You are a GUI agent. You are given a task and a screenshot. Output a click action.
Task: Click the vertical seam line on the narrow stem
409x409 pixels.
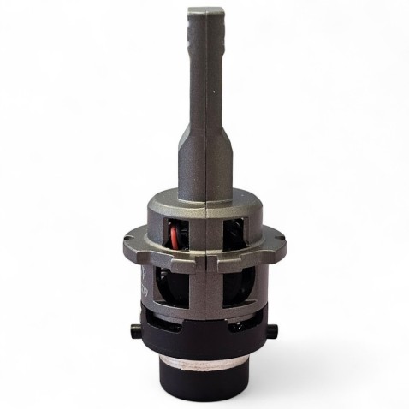pyautogui.click(x=204, y=94)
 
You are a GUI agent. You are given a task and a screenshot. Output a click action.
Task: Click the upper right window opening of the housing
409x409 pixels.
pyautogui.click(x=233, y=234)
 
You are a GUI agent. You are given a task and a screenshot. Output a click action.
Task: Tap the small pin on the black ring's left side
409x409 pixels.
pyautogui.click(x=132, y=330)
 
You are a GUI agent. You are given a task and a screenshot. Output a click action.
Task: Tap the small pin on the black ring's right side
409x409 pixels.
pyautogui.click(x=275, y=328)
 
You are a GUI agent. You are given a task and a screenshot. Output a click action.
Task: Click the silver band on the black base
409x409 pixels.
pyautogui.click(x=203, y=370)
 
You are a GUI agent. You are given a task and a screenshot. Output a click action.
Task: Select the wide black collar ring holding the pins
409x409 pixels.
pyautogui.click(x=203, y=338)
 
